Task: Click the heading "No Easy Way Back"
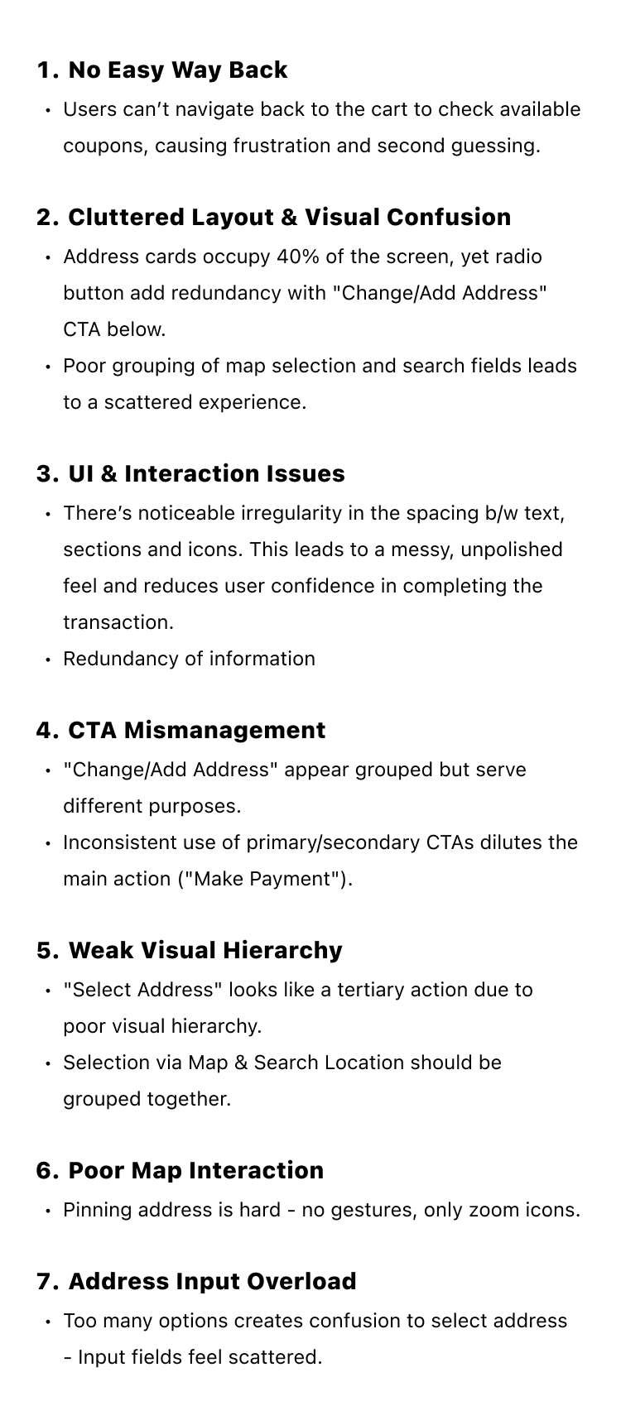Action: pos(177,70)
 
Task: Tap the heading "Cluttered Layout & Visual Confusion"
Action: pos(289,218)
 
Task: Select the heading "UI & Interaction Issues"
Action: pos(206,474)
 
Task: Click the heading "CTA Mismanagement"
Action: pos(196,731)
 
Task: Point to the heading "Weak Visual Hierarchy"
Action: pos(205,951)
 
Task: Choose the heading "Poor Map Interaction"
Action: pos(195,1171)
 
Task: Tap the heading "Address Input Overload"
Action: pos(212,1282)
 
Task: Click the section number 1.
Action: pos(46,70)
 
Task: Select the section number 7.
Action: pos(46,1282)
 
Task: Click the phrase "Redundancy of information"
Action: pos(189,660)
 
